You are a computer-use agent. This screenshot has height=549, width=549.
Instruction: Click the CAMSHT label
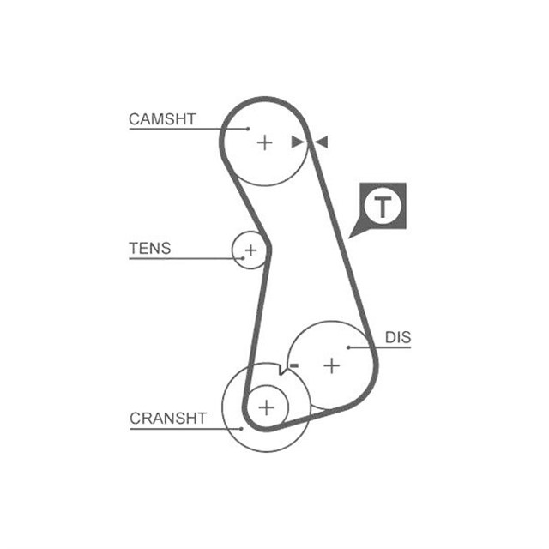click(162, 118)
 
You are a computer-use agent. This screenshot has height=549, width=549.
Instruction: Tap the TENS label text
click(149, 249)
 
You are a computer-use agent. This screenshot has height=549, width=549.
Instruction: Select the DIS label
click(397, 338)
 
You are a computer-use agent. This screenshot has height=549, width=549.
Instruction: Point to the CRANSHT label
click(168, 419)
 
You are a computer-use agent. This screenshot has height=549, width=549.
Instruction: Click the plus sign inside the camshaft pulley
click(264, 142)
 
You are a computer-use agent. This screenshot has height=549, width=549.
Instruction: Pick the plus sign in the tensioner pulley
click(250, 250)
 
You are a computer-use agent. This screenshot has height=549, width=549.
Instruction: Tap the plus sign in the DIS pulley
click(331, 366)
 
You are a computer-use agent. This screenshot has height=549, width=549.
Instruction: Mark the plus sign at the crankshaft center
click(267, 407)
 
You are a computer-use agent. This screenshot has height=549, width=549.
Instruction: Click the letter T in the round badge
click(383, 207)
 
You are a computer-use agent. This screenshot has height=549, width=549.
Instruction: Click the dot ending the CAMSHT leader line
click(248, 130)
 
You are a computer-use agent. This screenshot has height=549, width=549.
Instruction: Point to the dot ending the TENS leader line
click(243, 258)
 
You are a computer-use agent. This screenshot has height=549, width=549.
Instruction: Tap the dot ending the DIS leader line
click(348, 347)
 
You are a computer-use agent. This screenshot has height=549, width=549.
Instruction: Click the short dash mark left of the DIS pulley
click(293, 366)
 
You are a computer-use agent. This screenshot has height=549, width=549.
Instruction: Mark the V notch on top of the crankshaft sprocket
click(280, 370)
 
